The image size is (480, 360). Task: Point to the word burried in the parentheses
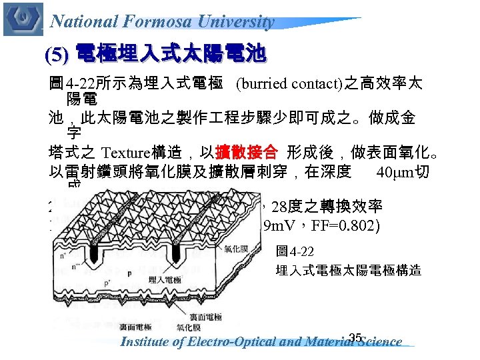tap(265, 85)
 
